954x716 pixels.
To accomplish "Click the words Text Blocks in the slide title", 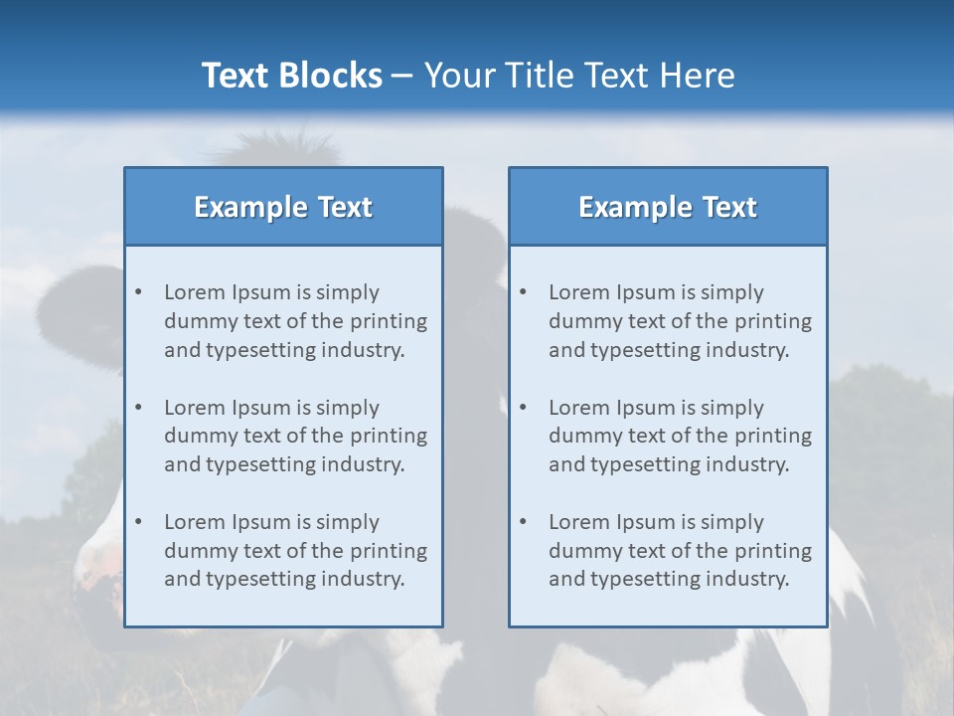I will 291,76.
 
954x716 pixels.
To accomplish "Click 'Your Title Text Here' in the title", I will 579,76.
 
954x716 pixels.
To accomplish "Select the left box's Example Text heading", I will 283,207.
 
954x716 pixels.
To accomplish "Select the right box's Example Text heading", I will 668,207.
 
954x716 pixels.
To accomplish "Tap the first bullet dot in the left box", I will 139,292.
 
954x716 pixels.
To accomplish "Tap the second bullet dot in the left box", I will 139,408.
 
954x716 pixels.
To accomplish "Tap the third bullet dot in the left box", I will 139,522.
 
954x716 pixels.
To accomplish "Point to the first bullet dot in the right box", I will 524,292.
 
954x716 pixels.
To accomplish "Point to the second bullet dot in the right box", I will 524,408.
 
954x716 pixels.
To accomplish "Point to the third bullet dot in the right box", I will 524,522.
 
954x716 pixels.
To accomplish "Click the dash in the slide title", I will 402,77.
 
